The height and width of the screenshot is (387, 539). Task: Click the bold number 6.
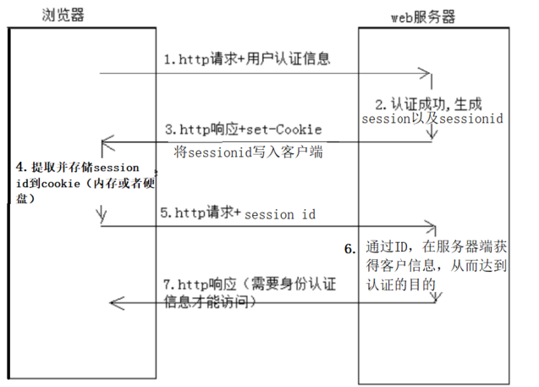point(349,250)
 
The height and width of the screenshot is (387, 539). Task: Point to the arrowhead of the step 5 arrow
point(432,226)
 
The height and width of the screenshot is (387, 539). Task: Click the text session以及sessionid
point(432,120)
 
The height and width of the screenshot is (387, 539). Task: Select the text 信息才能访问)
point(209,301)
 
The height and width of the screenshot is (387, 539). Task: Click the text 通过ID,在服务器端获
point(436,248)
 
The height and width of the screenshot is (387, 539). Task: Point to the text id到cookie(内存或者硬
point(79,184)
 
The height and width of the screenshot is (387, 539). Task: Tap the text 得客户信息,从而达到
point(436,266)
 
